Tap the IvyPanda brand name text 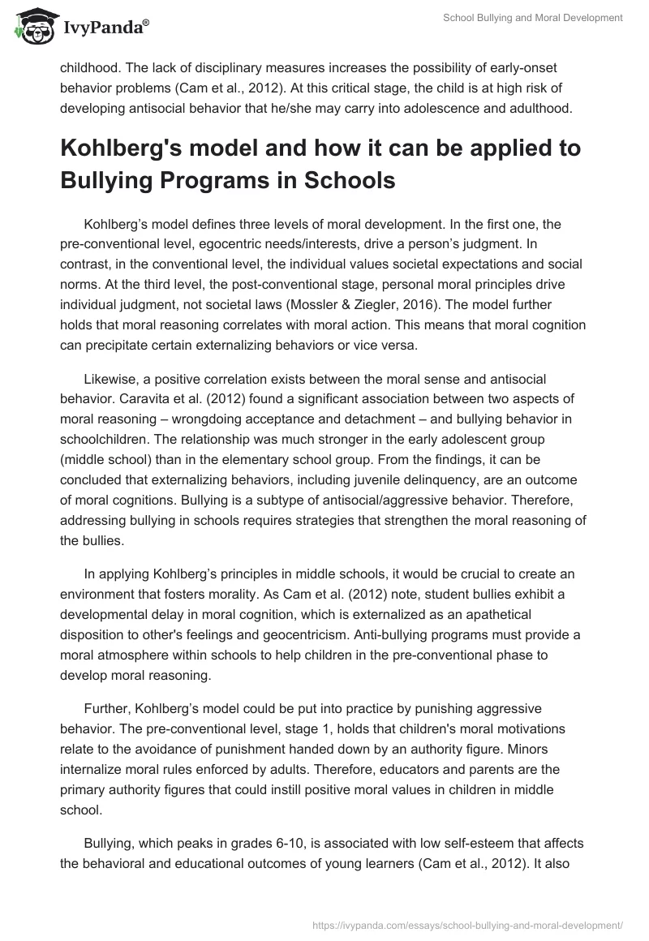[x=105, y=27]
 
